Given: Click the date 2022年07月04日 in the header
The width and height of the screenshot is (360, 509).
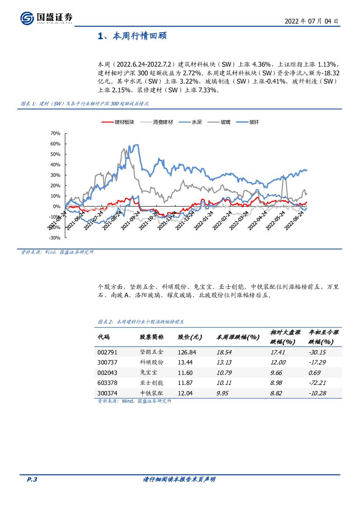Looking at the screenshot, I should [312, 20].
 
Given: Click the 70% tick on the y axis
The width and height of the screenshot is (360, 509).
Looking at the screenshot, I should [55, 133].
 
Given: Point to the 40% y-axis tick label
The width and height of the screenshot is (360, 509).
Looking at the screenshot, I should [55, 165].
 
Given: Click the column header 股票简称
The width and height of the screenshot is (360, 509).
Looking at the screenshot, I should [151, 337].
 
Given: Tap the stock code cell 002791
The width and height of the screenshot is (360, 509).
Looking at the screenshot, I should [107, 352].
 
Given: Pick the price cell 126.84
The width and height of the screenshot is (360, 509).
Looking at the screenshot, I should [187, 352].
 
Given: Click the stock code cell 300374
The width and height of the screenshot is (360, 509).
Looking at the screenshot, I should [107, 393].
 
